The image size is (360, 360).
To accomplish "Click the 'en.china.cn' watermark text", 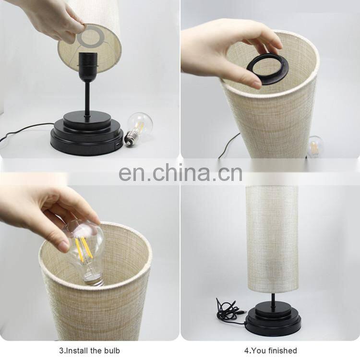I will click(180, 172).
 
